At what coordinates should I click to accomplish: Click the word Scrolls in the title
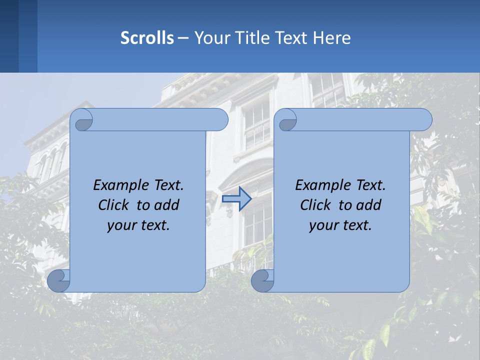[147, 38]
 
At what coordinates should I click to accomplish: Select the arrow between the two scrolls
[236, 198]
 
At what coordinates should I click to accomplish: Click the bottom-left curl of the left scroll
[58, 280]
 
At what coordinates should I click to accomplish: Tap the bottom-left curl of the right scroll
[262, 280]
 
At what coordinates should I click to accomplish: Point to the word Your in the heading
[212, 38]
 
